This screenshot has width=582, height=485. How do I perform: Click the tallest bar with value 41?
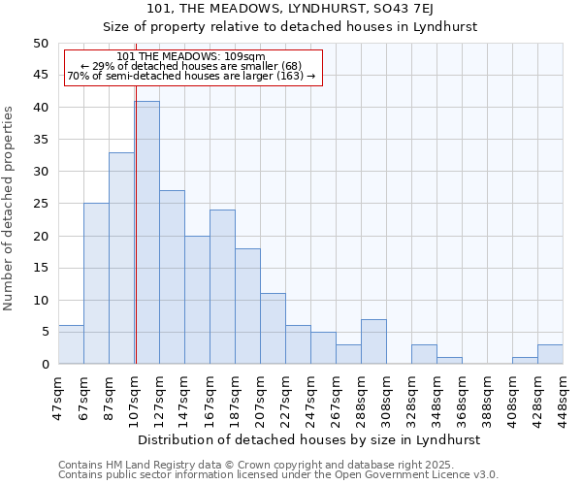147,233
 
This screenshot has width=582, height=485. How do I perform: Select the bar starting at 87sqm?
121,258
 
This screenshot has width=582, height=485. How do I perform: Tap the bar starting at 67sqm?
96,283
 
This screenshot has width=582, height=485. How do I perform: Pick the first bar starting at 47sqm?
71,344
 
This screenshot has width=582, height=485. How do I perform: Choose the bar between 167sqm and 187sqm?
222,287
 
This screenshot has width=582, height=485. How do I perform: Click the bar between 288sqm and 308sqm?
373,341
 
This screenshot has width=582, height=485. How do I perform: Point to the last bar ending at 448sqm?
550,354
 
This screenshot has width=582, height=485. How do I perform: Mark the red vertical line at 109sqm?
136,242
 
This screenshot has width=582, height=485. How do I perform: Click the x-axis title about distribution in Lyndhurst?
308,439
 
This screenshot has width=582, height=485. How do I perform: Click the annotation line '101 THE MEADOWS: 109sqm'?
190,57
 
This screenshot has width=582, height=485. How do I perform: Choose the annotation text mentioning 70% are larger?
190,76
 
